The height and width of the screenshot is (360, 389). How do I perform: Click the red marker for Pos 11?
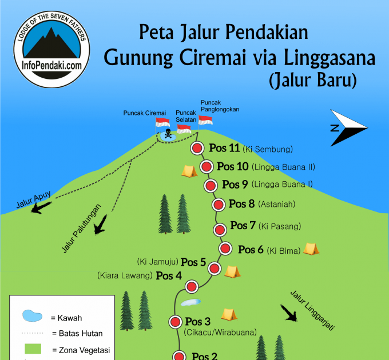197,149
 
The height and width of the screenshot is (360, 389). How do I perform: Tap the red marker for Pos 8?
218,205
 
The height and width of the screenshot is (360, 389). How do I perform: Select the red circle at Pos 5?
215,269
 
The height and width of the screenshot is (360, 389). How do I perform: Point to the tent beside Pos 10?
189,170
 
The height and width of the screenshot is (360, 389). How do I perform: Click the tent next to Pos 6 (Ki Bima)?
311,249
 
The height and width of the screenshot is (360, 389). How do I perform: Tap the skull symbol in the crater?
168,134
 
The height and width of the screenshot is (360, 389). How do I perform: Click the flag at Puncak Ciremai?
162,123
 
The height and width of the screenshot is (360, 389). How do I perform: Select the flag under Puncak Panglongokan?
205,121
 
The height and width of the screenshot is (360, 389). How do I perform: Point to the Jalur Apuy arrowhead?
38,208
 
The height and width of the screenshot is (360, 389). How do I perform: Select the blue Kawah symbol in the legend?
33,316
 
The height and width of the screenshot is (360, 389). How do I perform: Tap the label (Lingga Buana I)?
282,185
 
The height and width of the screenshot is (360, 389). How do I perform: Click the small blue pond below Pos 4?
190,302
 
